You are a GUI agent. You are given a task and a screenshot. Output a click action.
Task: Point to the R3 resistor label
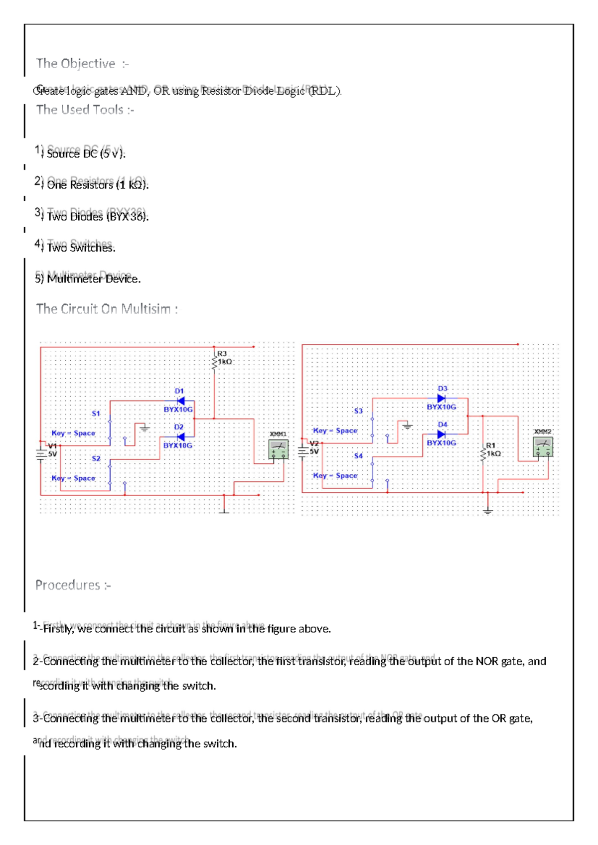pyautogui.click(x=222, y=354)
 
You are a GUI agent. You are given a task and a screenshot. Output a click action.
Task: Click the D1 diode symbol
pyautogui.click(x=180, y=401)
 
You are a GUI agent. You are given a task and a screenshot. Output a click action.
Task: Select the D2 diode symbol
pyautogui.click(x=180, y=436)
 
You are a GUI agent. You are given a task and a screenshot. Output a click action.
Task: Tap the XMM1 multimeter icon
pyautogui.click(x=278, y=449)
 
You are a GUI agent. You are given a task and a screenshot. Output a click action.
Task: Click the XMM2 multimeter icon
pyautogui.click(x=543, y=447)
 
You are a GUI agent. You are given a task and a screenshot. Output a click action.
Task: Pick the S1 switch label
pyautogui.click(x=96, y=414)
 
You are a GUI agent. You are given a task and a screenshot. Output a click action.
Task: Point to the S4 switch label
pyautogui.click(x=358, y=456)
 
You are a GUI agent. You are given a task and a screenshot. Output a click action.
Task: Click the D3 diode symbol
pyautogui.click(x=441, y=398)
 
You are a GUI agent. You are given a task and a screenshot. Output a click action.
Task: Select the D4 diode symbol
pyautogui.click(x=441, y=434)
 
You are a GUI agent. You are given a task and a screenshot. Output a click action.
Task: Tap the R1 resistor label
pyautogui.click(x=491, y=445)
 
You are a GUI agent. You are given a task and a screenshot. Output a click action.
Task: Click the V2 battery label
pyautogui.click(x=314, y=443)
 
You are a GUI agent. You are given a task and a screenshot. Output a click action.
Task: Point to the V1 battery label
pyautogui.click(x=52, y=446)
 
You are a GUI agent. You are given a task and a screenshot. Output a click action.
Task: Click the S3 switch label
pyautogui.click(x=358, y=411)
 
